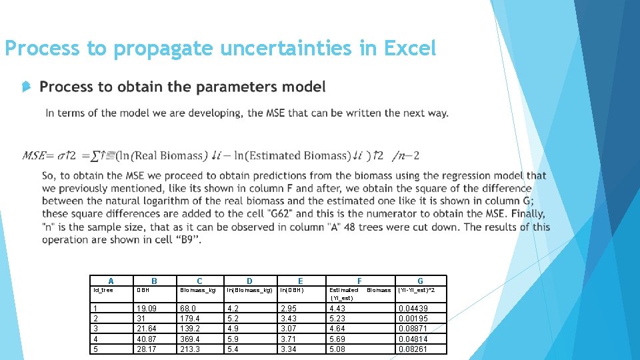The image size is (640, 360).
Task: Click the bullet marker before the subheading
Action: point(25,87)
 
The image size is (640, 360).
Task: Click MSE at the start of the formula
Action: point(34,156)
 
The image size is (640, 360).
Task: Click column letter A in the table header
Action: point(111,281)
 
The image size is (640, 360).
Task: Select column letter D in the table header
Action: point(249,281)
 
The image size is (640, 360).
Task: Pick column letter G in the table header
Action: point(420,281)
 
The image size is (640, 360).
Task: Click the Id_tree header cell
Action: point(103,290)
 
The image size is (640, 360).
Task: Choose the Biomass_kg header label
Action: point(198,290)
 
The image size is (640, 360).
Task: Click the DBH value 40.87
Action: point(148,339)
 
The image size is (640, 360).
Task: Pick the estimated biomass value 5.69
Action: point(337,339)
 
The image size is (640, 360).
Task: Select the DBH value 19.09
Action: point(148,309)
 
